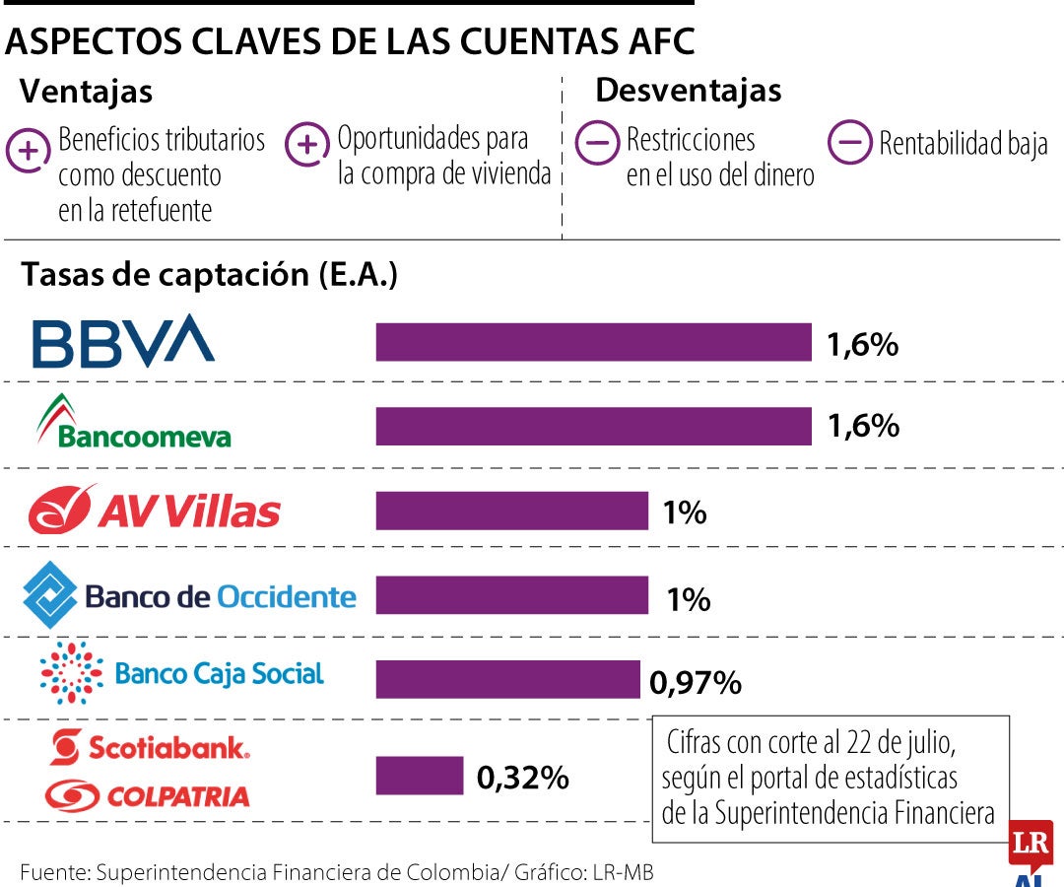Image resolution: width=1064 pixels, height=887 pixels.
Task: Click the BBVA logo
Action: (123, 341)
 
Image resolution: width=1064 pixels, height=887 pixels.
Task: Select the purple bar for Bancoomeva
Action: (594, 426)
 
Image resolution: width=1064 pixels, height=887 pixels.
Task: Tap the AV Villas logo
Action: (155, 510)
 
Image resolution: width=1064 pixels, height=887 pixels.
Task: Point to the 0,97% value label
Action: (695, 682)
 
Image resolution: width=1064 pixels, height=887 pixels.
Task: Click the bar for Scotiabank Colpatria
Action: (420, 776)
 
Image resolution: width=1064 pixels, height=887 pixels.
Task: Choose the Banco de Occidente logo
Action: (190, 595)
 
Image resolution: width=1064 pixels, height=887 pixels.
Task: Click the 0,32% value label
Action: (522, 778)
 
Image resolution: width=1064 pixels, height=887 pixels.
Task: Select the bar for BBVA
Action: (594, 342)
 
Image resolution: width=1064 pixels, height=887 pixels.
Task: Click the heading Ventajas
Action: (87, 91)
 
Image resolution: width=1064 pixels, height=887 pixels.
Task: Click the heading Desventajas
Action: (688, 90)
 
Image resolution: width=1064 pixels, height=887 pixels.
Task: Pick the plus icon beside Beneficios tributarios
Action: (29, 151)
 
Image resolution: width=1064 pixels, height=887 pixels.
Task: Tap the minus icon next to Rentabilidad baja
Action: (850, 143)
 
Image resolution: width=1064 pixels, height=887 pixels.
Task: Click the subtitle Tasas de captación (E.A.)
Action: (209, 274)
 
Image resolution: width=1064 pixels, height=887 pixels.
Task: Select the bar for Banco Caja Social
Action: (508, 679)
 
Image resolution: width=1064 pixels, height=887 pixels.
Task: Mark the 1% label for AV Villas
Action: (685, 512)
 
